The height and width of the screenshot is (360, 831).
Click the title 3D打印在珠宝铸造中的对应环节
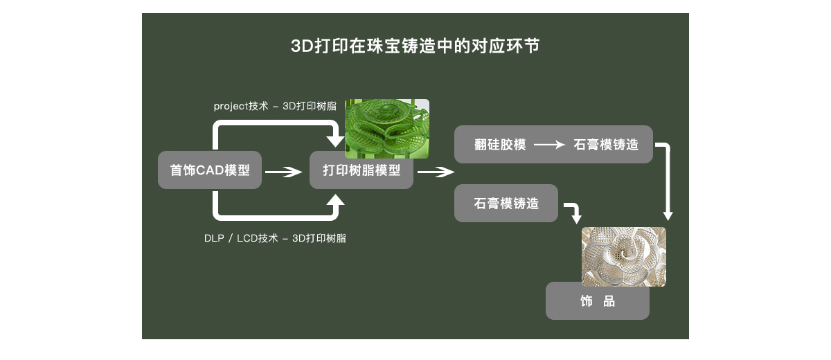point(415,47)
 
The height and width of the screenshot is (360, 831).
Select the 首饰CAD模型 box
point(210,170)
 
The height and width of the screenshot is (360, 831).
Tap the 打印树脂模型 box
point(361,170)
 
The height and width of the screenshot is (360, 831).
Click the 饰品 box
point(597,301)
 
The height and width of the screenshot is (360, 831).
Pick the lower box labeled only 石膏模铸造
point(506,204)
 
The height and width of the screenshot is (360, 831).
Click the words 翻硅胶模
point(500,145)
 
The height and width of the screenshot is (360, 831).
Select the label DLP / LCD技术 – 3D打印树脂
point(275,238)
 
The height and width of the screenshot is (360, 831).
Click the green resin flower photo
point(386,128)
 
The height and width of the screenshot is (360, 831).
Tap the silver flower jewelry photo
point(623,255)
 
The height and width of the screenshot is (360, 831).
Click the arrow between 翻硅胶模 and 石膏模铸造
point(550,145)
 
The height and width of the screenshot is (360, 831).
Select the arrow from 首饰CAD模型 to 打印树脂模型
point(284,172)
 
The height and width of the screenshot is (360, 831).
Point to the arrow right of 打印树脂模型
point(435,172)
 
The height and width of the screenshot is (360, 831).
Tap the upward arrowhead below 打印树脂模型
point(335,201)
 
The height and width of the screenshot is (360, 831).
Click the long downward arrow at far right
point(668,181)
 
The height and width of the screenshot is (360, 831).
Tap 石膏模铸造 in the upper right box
point(605,145)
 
